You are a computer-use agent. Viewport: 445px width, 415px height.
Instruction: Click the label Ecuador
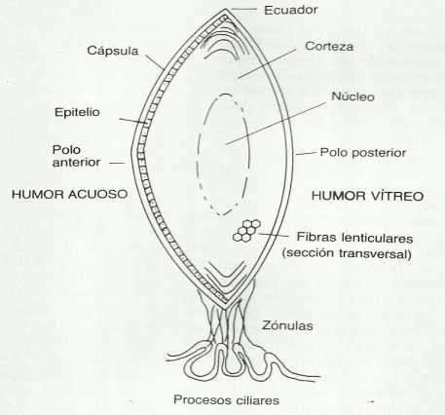(x=290, y=10)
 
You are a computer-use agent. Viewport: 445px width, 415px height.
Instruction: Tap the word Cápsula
(x=113, y=51)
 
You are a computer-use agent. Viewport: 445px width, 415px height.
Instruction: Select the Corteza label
(x=329, y=46)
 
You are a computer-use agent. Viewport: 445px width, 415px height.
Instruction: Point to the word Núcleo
(x=352, y=96)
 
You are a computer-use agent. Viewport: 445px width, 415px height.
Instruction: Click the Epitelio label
(x=77, y=112)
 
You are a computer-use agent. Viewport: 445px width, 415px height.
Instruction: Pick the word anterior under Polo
(x=76, y=163)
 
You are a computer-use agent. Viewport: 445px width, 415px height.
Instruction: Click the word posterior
(x=378, y=153)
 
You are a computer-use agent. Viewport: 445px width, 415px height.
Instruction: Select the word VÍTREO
(x=396, y=196)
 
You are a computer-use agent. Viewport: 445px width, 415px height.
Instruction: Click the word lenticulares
(x=376, y=238)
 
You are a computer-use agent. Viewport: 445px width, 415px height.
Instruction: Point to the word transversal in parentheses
(x=375, y=253)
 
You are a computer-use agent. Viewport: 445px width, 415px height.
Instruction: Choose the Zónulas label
(x=287, y=325)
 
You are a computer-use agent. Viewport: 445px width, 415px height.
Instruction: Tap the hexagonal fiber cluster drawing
(x=246, y=231)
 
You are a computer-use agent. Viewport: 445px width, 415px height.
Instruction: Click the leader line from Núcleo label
(x=276, y=124)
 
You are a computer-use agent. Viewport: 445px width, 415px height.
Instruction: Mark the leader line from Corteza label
(x=268, y=63)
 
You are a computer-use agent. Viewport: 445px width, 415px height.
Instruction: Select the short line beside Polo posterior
(x=306, y=153)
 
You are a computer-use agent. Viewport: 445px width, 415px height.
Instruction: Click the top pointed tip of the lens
(x=225, y=9)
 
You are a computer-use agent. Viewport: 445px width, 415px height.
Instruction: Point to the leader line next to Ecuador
(x=243, y=9)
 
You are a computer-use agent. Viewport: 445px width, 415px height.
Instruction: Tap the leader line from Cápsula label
(x=155, y=62)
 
